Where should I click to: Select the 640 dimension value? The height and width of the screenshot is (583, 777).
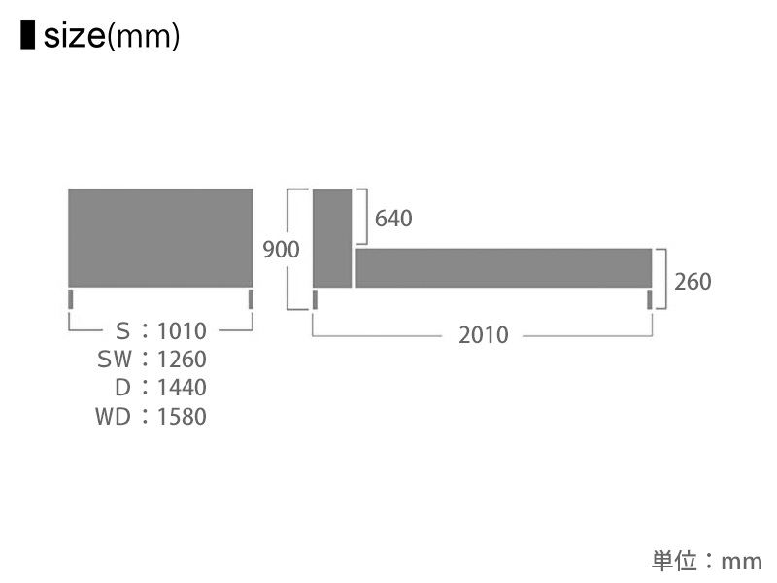click(x=393, y=219)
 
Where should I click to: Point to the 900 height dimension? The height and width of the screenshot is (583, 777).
click(x=282, y=250)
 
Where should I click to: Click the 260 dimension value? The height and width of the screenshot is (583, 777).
click(x=693, y=282)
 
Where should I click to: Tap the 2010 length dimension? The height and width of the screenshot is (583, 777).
click(x=484, y=335)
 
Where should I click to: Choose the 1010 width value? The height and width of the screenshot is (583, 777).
click(x=182, y=331)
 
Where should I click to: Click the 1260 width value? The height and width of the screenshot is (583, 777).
click(x=182, y=360)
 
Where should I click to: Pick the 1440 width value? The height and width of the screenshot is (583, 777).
click(x=182, y=388)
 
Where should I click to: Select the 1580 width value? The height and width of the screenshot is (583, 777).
click(x=182, y=417)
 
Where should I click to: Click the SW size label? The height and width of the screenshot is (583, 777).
click(x=114, y=360)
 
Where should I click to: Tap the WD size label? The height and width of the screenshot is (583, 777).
click(x=114, y=417)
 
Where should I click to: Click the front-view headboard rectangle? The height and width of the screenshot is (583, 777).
click(x=160, y=237)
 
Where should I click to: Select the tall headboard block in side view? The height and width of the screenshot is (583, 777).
click(x=332, y=238)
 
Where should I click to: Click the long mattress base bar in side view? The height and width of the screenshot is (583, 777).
click(x=503, y=268)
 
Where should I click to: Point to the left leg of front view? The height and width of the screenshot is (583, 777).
click(x=71, y=298)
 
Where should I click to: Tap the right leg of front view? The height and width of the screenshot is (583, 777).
click(x=251, y=298)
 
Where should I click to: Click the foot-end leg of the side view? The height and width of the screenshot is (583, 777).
click(x=650, y=298)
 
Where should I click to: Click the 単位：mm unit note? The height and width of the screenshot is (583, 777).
click(x=706, y=561)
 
